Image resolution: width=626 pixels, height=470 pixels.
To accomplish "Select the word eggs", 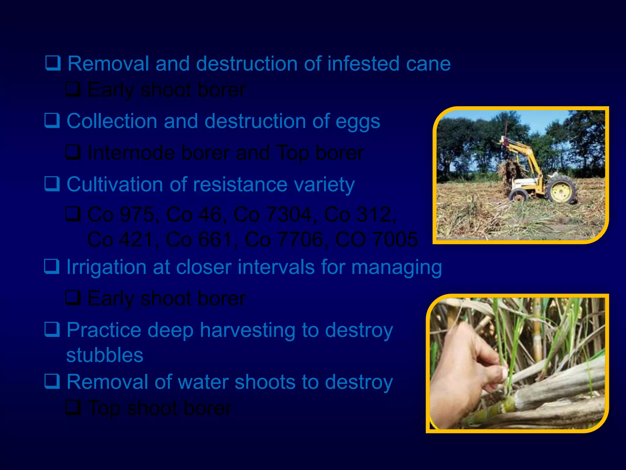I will (358, 122).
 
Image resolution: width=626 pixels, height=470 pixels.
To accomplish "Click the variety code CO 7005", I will (376, 239).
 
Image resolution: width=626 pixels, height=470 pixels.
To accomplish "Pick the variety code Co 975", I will (121, 214).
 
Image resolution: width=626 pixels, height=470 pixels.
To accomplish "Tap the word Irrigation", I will (106, 267).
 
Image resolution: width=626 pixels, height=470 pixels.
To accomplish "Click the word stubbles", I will (105, 355).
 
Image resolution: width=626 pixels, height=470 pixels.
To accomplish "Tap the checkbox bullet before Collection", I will (52, 121).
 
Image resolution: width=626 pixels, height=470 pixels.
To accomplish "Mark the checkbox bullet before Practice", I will (52, 330).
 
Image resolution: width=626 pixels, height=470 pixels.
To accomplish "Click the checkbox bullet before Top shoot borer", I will (73, 407).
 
